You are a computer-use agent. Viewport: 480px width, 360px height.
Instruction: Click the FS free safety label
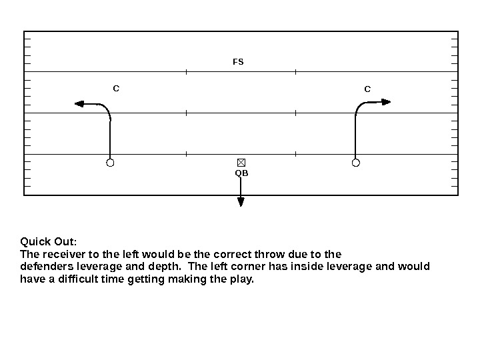[x=238, y=62]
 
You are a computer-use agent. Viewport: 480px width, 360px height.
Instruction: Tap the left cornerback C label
[x=116, y=88]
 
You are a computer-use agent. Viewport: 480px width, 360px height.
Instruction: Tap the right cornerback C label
[x=367, y=89]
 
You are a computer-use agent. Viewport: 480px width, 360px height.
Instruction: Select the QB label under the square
[x=241, y=173]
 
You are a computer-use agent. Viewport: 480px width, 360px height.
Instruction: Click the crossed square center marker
[x=241, y=163]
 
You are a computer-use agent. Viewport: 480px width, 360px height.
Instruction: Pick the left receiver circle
[x=111, y=163]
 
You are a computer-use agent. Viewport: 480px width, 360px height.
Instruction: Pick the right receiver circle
[x=356, y=163]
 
